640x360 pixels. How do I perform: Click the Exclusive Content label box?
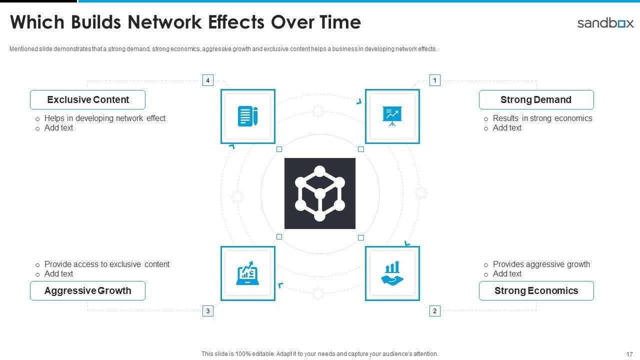[x=87, y=100]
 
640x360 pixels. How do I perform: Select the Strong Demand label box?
[x=536, y=100]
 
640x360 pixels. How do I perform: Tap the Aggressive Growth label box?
[x=87, y=291]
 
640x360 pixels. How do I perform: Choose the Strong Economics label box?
[x=536, y=291]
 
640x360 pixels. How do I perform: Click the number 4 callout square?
[x=208, y=80]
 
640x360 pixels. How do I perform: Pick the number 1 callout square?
[x=435, y=80]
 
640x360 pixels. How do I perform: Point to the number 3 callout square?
[x=208, y=311]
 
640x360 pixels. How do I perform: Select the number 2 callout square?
[x=435, y=311]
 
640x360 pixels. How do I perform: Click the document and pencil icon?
[x=248, y=116]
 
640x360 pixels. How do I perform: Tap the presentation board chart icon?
[x=392, y=116]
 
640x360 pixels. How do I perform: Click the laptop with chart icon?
[x=248, y=273]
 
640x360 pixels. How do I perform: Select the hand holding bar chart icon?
[x=392, y=273]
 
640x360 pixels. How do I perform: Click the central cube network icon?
[x=320, y=193]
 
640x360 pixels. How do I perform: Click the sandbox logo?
[x=605, y=23]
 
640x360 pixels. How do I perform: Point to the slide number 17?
[x=629, y=354]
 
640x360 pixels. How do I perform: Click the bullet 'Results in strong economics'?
[x=542, y=118]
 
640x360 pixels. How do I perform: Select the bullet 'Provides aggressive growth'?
[x=541, y=264]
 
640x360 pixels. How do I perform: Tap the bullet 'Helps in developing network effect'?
[x=105, y=118]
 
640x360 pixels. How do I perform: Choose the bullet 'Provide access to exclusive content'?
[x=107, y=264]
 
